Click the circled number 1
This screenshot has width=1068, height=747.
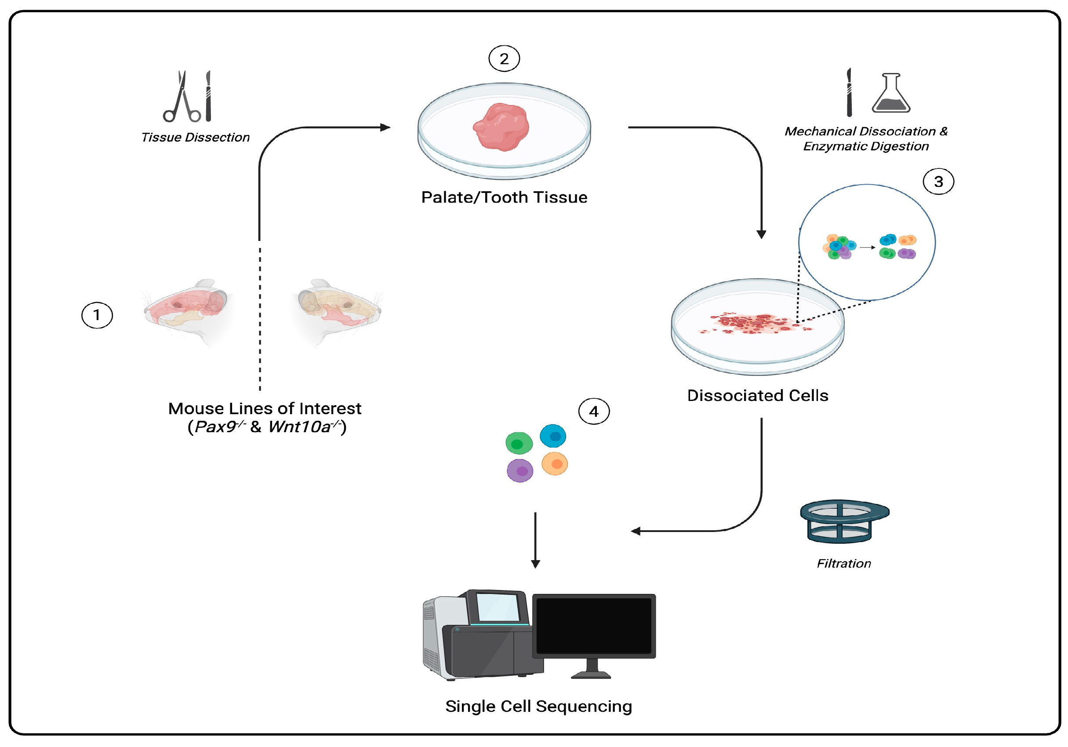coord(97,315)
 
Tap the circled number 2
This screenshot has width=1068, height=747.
coord(504,58)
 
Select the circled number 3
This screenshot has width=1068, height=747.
coord(938,182)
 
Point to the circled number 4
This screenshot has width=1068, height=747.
coord(593,412)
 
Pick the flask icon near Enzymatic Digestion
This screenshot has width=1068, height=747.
coord(890,94)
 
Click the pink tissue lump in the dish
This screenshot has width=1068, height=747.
coord(501,127)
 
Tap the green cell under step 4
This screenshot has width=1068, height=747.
coord(519,443)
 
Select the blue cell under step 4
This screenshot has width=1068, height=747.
coord(552,436)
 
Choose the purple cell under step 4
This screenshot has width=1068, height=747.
coord(519,470)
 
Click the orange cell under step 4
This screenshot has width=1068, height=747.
coord(555,463)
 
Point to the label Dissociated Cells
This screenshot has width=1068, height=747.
coord(757,396)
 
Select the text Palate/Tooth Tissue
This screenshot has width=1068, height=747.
coord(504,197)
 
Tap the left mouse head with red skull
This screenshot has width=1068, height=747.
coord(189,310)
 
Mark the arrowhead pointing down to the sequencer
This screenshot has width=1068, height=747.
coord(535,564)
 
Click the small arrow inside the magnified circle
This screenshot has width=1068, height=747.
coord(867,247)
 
